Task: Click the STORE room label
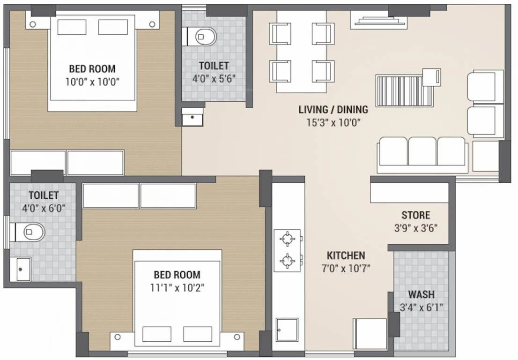click(415, 215)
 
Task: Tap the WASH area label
click(421, 295)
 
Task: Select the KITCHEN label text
click(346, 255)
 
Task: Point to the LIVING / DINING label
click(333, 110)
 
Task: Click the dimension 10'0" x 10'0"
click(92, 81)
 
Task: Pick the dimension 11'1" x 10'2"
click(177, 287)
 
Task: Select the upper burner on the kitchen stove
click(287, 239)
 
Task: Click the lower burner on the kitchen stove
click(287, 259)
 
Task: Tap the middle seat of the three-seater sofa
click(422, 151)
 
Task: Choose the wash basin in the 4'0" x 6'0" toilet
click(23, 270)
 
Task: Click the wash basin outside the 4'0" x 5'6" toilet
click(192, 117)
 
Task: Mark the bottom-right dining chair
click(323, 71)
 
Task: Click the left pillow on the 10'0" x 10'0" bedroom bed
click(72, 27)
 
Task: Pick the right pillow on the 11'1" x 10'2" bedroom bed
click(198, 334)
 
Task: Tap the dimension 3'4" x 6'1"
click(421, 307)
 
